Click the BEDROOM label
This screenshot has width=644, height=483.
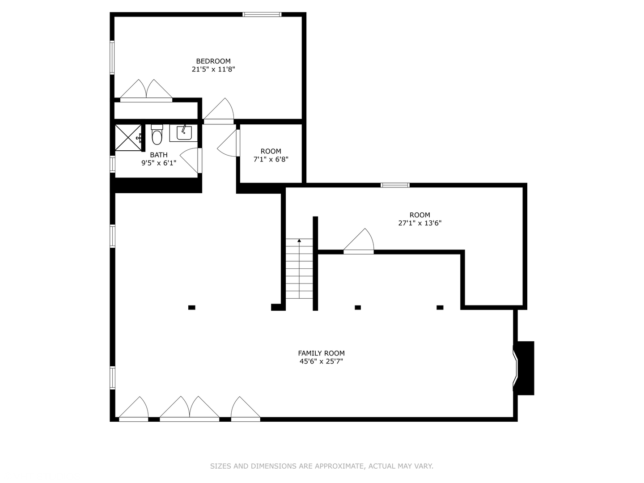click(x=213, y=61)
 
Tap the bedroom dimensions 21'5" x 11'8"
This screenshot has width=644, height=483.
click(x=213, y=69)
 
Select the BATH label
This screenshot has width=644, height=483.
click(x=159, y=155)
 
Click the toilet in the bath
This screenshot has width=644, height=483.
click(x=157, y=135)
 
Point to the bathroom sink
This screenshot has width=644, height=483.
click(x=184, y=133)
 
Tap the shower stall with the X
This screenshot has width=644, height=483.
click(x=128, y=138)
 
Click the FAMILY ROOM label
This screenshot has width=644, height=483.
click(x=321, y=353)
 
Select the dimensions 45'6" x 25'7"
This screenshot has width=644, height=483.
click(x=321, y=361)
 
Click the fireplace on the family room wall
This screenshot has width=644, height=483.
click(x=524, y=368)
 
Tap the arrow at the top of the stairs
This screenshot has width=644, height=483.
click(x=299, y=241)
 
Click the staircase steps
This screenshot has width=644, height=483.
click(x=299, y=269)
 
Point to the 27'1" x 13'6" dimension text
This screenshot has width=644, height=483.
click(x=420, y=223)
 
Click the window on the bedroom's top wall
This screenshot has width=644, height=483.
click(x=262, y=14)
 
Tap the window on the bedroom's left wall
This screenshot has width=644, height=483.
click(x=112, y=58)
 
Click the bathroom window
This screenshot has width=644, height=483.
click(x=112, y=164)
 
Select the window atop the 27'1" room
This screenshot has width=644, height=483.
click(x=395, y=185)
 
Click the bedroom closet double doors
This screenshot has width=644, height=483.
click(x=146, y=90)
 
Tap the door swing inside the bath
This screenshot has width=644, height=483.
click(x=191, y=161)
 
